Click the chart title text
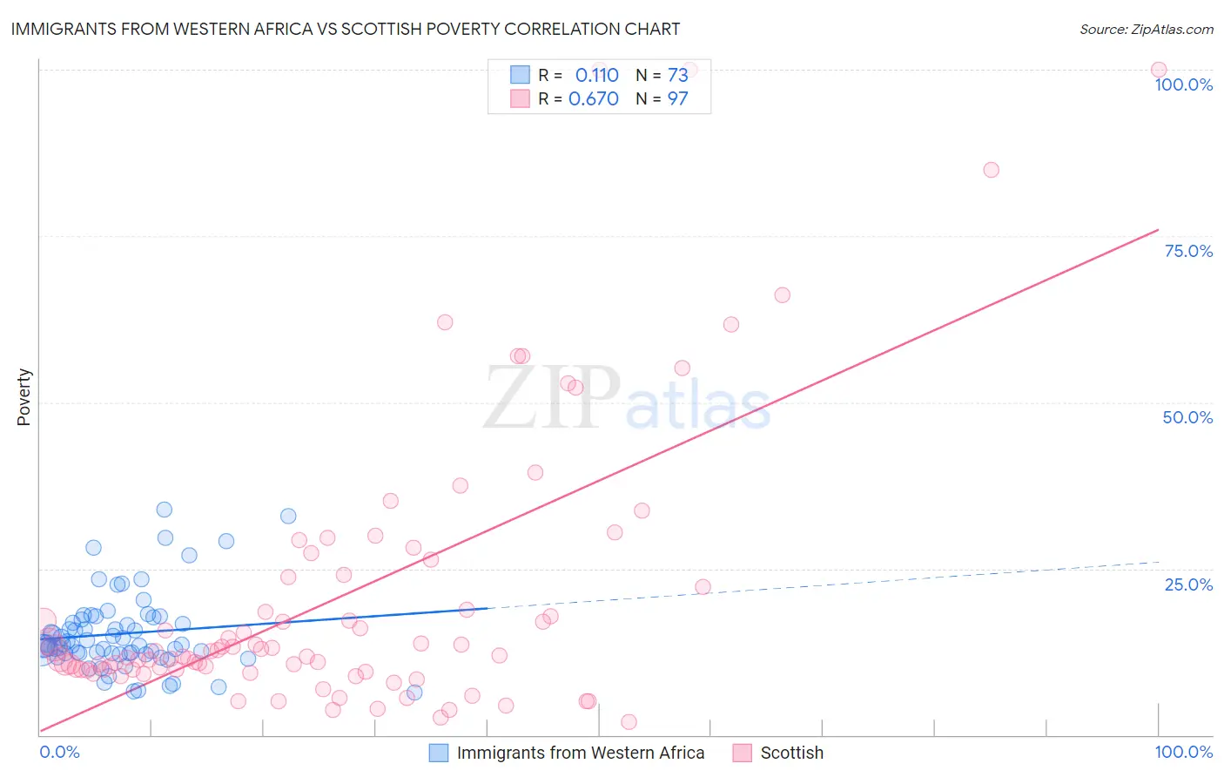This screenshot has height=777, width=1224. point(346,29)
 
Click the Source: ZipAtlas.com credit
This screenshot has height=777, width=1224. point(1146,30)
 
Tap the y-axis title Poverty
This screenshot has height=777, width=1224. point(24,397)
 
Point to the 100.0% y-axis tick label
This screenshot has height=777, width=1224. point(1183,84)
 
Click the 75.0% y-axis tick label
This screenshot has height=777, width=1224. point(1188,251)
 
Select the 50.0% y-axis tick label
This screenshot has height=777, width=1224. point(1187,417)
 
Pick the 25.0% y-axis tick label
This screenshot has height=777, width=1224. point(1188,584)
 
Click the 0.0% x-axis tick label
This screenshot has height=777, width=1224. point(59,753)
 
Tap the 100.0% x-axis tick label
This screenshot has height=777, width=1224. point(1183,753)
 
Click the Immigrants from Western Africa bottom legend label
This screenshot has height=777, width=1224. point(580,753)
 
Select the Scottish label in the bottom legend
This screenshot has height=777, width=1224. point(791,753)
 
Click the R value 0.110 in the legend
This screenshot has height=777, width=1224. point(596,76)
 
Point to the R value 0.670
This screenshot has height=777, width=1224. point(594,99)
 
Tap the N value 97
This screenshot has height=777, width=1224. point(677,99)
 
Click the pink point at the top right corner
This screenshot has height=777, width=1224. point(1159,70)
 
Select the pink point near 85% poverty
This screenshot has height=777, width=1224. point(991,170)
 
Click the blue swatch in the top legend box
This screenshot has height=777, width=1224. point(520,76)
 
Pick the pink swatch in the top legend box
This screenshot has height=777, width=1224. point(520,99)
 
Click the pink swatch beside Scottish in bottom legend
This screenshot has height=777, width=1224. point(742,753)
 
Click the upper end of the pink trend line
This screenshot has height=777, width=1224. point(1157,230)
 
